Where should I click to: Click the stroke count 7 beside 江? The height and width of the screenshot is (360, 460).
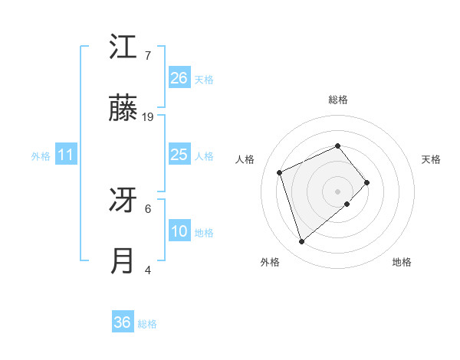click(x=147, y=56)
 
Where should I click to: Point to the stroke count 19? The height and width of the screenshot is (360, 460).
click(x=148, y=116)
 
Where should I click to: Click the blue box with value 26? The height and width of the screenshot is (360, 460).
click(x=179, y=78)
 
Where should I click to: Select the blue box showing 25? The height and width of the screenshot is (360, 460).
click(x=179, y=155)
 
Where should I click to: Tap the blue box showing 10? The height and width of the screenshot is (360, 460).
click(x=179, y=231)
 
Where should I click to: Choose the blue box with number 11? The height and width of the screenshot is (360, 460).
click(x=66, y=155)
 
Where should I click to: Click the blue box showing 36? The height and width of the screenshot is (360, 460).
click(x=123, y=322)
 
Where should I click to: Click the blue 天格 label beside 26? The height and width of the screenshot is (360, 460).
click(x=204, y=80)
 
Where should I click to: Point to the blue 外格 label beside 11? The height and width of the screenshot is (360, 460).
click(x=41, y=156)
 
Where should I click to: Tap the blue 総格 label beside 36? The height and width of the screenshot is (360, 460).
click(x=147, y=324)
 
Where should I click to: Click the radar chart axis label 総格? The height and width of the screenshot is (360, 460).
click(x=338, y=100)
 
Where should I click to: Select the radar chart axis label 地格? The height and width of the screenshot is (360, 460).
click(x=402, y=262)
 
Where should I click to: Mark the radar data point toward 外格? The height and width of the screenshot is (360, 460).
click(x=301, y=242)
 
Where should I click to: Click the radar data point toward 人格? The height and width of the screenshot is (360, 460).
click(x=280, y=172)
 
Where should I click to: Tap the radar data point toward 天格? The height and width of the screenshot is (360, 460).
click(x=367, y=182)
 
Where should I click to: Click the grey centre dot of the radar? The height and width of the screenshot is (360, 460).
click(x=338, y=191)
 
